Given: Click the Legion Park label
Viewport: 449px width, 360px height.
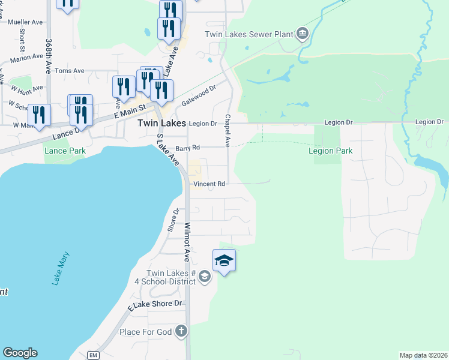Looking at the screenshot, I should click(330, 151).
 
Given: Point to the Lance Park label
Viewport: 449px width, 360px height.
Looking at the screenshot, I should click(65, 151).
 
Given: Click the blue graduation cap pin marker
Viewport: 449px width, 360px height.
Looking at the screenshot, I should click(224, 260).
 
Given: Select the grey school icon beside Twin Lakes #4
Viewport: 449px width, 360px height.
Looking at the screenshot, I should click(204, 276).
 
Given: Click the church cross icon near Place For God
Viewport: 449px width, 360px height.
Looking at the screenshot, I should click(181, 331).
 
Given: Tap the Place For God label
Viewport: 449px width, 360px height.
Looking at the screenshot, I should click(146, 332).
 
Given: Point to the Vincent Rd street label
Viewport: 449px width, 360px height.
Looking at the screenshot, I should click(209, 184).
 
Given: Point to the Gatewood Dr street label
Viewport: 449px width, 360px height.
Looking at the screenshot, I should click(198, 96).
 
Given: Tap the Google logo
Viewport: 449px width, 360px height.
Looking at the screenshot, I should click(20, 353).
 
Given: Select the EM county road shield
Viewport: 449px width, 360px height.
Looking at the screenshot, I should click(92, 355).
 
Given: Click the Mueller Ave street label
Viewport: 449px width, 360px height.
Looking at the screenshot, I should click(25, 22).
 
